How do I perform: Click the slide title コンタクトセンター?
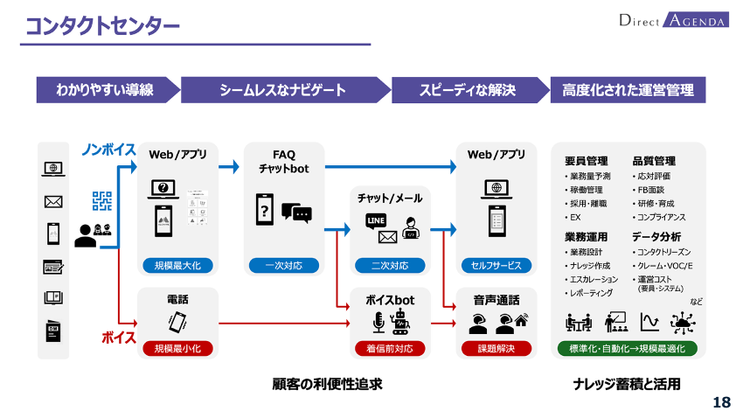(102, 26)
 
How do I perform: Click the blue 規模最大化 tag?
(177, 266)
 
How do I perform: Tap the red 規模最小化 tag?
(177, 349)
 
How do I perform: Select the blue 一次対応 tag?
(284, 266)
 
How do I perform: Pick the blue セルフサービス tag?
(496, 266)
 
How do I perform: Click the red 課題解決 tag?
(496, 349)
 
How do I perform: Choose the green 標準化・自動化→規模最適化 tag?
(628, 349)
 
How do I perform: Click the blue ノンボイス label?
(108, 150)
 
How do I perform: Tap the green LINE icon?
(376, 219)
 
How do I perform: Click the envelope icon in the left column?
(53, 202)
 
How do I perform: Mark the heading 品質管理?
(654, 161)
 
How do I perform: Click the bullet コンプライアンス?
(661, 216)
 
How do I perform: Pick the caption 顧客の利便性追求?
(328, 384)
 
